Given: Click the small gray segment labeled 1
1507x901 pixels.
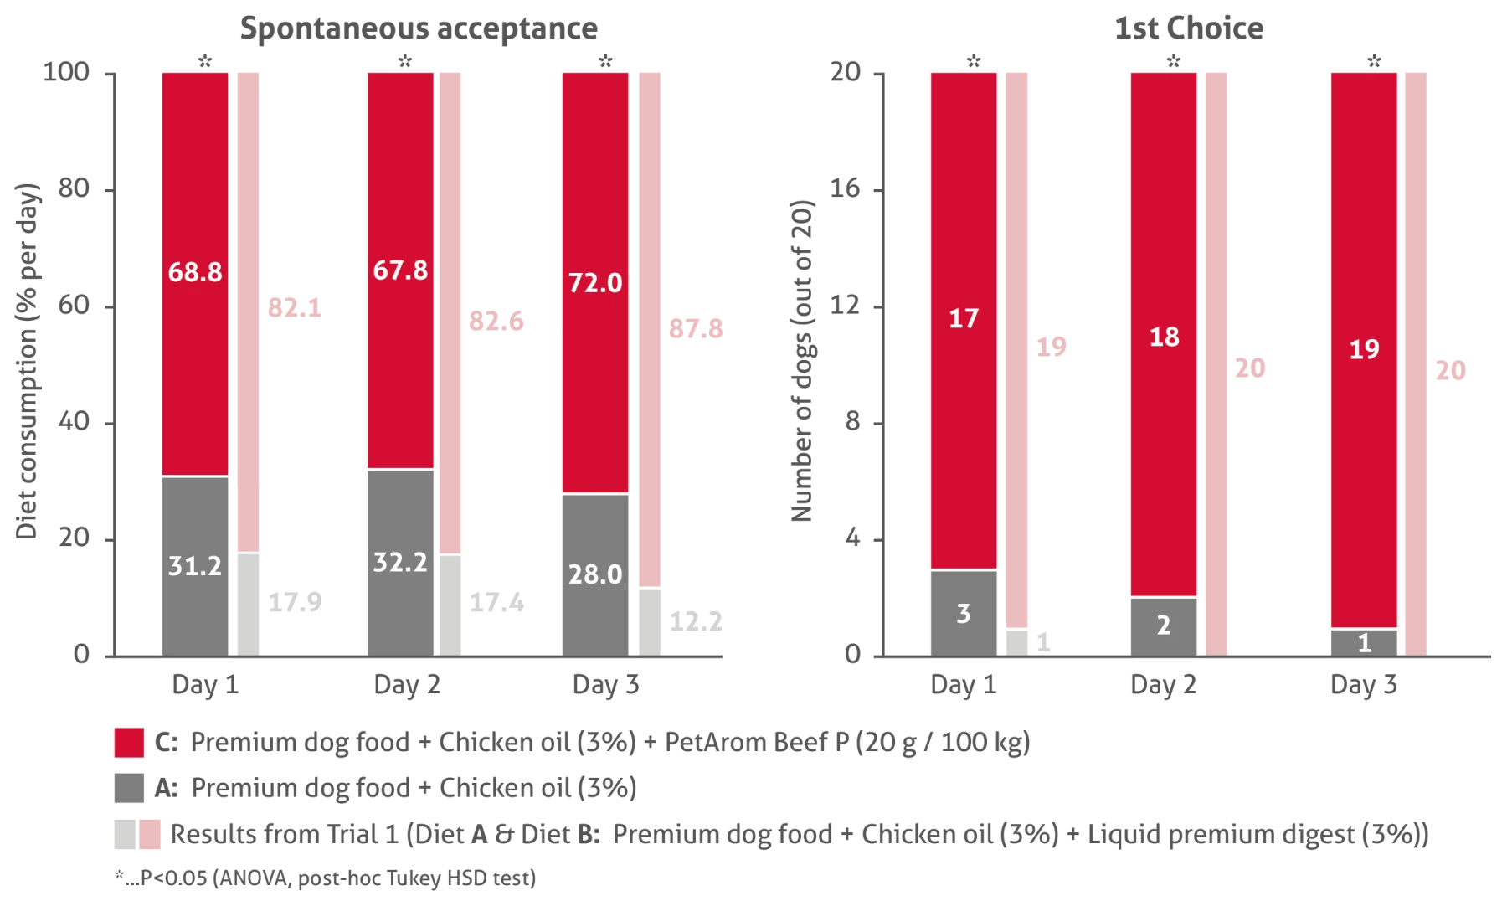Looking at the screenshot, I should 1364,641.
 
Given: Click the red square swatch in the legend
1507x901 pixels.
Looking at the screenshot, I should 128,743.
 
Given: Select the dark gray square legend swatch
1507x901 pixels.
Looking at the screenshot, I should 128,787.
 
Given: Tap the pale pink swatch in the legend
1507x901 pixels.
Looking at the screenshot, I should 150,833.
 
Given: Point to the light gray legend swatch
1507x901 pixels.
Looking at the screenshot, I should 126,833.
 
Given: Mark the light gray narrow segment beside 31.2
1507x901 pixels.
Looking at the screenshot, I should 247,603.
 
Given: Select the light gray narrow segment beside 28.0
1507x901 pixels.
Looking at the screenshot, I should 650,621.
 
